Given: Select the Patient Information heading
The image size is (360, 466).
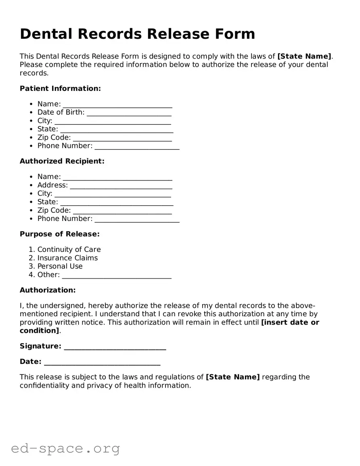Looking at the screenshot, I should [x=60, y=88].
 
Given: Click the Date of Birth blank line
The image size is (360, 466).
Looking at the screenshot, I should [x=129, y=113].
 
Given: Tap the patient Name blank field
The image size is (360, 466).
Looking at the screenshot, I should [x=117, y=105].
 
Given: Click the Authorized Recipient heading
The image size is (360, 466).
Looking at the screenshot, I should [x=62, y=161].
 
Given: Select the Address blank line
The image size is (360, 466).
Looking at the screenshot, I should [x=121, y=186].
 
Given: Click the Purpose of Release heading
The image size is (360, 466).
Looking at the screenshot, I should [x=59, y=234].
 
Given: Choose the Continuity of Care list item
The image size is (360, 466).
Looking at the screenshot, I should [x=69, y=250].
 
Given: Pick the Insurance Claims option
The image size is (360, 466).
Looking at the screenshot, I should [x=67, y=258].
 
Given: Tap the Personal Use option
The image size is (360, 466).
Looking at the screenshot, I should [x=60, y=267].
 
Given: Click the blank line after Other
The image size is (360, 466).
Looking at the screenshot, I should [x=117, y=275].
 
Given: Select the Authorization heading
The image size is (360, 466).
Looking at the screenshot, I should [x=48, y=290].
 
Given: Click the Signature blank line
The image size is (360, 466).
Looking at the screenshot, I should [x=115, y=347].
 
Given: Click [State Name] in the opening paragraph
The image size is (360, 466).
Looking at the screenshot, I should [x=304, y=57].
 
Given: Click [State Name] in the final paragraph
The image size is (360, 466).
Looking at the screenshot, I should [x=233, y=377].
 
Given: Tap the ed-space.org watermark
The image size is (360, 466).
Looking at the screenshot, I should [x=65, y=448].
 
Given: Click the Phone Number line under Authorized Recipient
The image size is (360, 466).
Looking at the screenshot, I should [x=137, y=219].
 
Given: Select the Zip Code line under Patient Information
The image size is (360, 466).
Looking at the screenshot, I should [x=122, y=138].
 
